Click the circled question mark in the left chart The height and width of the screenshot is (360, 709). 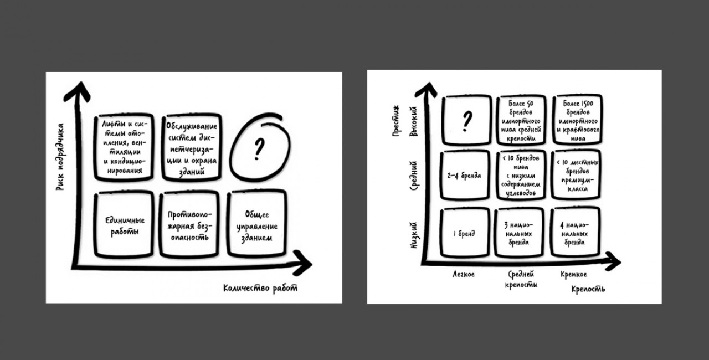tap(259, 148)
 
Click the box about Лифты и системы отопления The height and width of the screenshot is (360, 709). tap(122, 147)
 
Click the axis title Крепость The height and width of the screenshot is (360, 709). tap(588, 289)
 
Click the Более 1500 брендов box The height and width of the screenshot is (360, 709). tap(577, 119)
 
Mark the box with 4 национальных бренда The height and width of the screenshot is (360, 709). tap(577, 233)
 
